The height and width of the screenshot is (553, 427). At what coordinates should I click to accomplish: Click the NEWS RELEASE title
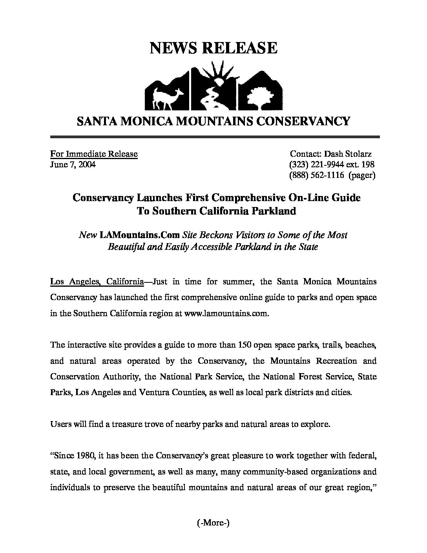213,48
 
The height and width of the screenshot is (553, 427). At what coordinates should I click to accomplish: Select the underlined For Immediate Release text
94,154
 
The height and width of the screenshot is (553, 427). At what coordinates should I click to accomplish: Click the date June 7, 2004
73,165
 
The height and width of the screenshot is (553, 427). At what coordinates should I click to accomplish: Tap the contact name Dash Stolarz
348,154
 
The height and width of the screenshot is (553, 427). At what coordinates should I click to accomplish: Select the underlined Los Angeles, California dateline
97,282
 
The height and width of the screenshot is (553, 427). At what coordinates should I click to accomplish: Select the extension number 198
367,165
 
